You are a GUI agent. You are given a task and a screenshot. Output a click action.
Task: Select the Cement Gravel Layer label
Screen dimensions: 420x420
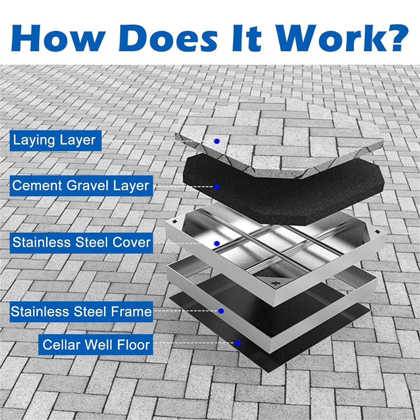[x=81, y=185]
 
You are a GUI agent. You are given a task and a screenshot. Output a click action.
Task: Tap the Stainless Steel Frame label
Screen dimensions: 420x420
[x=81, y=311]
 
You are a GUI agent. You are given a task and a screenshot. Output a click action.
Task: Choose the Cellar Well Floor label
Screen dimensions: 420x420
[x=96, y=345]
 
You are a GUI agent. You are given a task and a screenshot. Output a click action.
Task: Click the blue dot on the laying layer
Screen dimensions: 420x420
[x=217, y=141]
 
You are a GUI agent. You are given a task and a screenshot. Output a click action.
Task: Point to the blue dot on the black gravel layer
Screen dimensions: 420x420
[x=217, y=187]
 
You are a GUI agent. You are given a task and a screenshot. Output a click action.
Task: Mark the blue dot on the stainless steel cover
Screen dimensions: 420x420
[x=217, y=243]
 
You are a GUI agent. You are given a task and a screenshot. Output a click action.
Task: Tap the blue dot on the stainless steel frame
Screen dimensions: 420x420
[x=221, y=311]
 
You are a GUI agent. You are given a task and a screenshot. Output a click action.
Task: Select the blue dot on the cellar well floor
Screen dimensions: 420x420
[x=238, y=343]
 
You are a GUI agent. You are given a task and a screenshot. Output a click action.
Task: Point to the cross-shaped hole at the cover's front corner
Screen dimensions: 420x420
[x=277, y=283]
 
